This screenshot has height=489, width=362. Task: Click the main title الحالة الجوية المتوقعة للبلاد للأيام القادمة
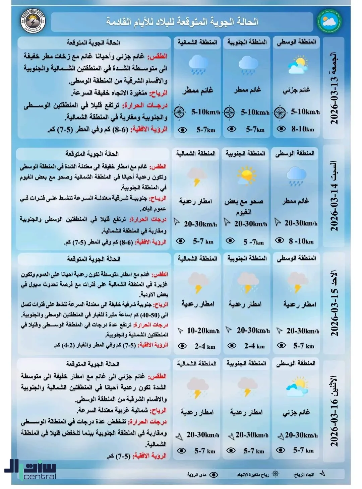(182, 22)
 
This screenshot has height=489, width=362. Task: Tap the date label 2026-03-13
(335, 100)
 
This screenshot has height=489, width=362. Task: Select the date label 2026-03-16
(335, 422)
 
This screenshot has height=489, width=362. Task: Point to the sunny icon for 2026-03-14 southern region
(246, 175)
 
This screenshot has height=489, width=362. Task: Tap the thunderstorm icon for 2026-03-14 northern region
(196, 177)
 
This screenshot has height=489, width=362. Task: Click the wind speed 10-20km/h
(203, 331)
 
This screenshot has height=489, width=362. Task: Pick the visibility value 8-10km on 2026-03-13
(302, 129)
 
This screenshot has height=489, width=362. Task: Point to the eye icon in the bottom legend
(214, 474)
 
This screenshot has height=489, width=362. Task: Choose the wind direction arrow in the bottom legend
(322, 474)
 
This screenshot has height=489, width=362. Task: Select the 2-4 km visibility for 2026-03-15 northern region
(205, 346)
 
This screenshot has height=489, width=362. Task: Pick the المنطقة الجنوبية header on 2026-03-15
(247, 258)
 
